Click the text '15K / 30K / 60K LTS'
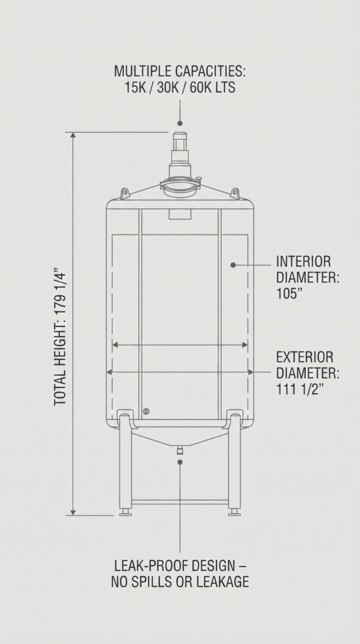[180, 88]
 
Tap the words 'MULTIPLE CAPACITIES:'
[180, 71]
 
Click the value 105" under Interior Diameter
[290, 294]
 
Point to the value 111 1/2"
[300, 389]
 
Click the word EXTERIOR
[305, 357]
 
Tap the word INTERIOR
[303, 262]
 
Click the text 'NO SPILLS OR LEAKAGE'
[180, 582]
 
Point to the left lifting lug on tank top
[125, 194]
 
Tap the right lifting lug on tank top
[235, 194]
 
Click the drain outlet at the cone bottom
[180, 450]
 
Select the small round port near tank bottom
[146, 411]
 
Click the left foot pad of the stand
[125, 512]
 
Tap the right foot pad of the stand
[234, 512]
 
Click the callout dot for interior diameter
[233, 265]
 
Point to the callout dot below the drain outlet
[180, 462]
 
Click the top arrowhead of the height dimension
[73, 135]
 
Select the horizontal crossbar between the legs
[180, 502]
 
